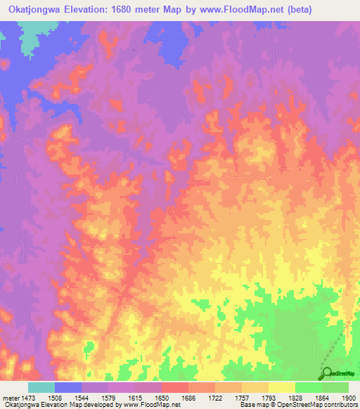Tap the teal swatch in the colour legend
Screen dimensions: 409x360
click(41, 387)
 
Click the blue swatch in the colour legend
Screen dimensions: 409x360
click(68, 387)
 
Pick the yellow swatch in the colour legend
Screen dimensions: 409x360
click(282, 387)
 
